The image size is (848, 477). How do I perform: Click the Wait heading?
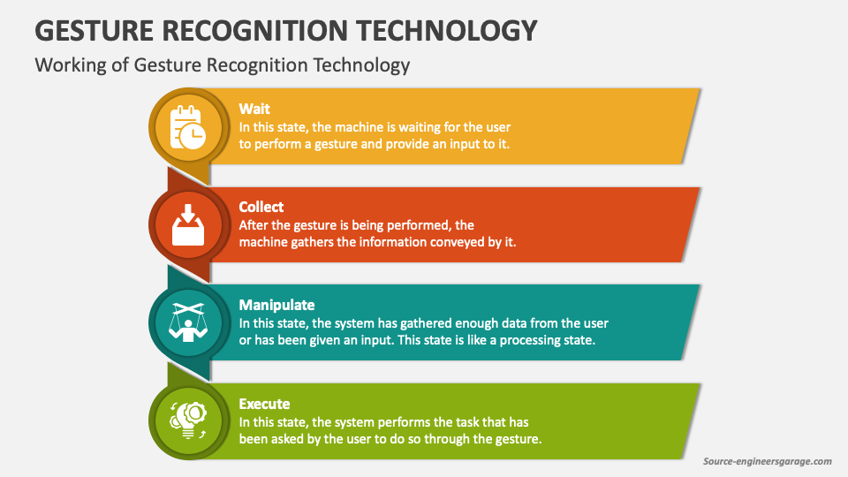click(254, 109)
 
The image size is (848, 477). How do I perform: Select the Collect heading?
click(261, 207)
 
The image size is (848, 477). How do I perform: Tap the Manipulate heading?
click(276, 305)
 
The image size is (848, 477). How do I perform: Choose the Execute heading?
click(264, 404)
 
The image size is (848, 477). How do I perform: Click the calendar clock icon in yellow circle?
click(188, 128)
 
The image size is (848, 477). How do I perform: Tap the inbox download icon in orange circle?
click(188, 226)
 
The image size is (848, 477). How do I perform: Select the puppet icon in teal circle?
click(188, 324)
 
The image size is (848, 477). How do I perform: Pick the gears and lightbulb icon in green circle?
click(188, 422)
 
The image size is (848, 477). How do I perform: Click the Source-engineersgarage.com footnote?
click(767, 461)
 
